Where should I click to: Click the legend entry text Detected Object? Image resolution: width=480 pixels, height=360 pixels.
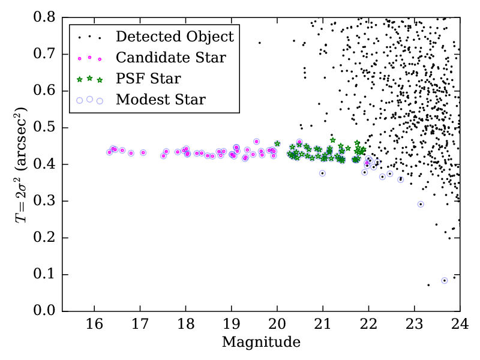[x=175, y=37]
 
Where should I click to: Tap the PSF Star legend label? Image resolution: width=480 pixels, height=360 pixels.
[x=149, y=79]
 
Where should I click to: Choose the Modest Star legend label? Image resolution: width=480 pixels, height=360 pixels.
[x=161, y=100]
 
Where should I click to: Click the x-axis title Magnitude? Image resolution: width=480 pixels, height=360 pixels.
[x=261, y=343]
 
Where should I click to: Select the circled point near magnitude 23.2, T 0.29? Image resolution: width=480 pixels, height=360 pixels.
[x=421, y=204]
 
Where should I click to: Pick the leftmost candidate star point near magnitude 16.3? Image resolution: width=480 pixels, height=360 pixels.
[x=109, y=152]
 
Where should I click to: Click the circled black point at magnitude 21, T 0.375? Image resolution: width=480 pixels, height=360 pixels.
[x=322, y=173]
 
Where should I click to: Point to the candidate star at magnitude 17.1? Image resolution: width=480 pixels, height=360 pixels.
[x=143, y=152]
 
